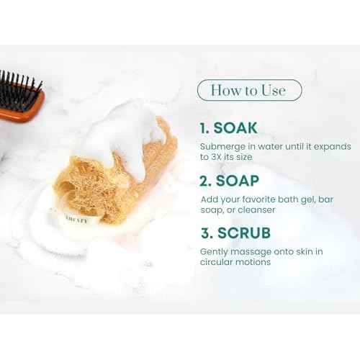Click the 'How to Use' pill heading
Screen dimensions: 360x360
tap(249, 91)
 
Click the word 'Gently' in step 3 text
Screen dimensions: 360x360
tap(215, 251)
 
